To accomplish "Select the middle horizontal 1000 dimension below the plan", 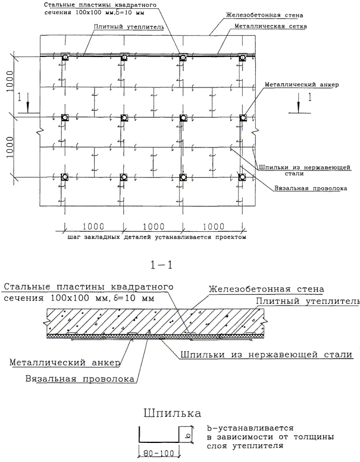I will tap(154, 227).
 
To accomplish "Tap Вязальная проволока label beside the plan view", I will tap(310, 188).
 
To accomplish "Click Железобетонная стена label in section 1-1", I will tap(266, 289).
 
